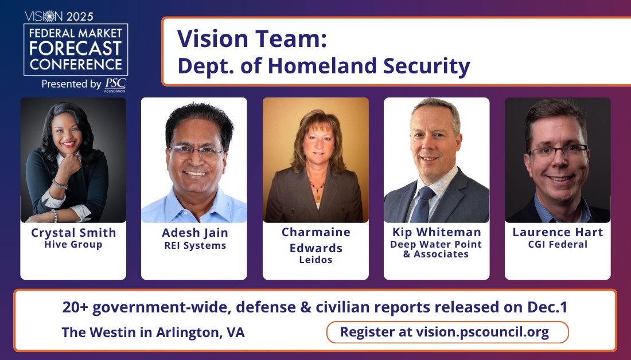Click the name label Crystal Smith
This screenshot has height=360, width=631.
(x=73, y=233)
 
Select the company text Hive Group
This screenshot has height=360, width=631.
(x=73, y=245)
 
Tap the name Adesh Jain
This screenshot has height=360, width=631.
(x=194, y=233)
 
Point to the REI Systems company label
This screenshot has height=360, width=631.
(x=194, y=246)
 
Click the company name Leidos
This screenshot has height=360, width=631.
(x=315, y=260)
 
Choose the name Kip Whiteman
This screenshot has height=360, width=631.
(x=437, y=233)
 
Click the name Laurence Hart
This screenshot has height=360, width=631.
(x=558, y=233)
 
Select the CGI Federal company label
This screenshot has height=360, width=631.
(x=558, y=245)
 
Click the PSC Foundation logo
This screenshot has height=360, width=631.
(x=115, y=85)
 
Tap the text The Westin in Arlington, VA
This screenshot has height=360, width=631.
(x=153, y=332)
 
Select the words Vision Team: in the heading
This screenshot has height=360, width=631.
(x=252, y=38)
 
